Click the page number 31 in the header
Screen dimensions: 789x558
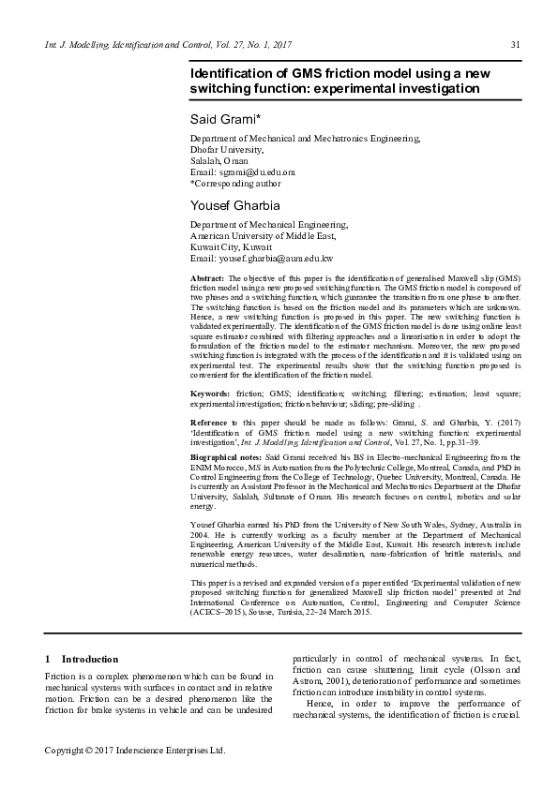tap(515, 45)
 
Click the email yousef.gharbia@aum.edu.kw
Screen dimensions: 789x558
tap(276, 258)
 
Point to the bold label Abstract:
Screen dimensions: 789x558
tap(207, 280)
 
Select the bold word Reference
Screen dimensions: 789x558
tap(212, 424)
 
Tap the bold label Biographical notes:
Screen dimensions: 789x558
tap(228, 456)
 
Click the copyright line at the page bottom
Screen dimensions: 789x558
tap(136, 751)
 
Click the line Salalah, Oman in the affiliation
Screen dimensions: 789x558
tap(219, 161)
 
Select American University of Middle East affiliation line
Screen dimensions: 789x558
tap(262, 235)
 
